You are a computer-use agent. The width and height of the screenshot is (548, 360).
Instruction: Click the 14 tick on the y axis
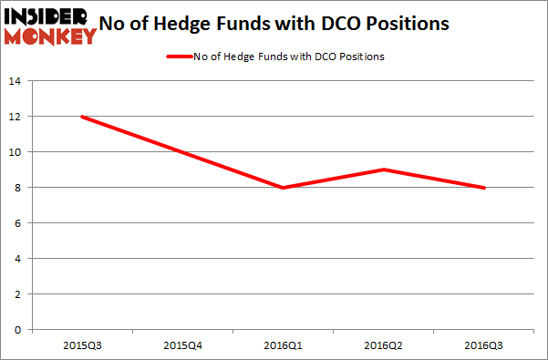[16, 81]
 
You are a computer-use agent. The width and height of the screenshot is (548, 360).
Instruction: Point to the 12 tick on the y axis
[16, 117]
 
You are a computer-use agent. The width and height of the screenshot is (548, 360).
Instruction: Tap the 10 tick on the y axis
[16, 152]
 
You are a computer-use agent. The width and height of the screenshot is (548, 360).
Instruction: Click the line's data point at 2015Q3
[83, 117]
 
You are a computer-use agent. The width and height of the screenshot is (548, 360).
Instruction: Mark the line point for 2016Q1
[284, 188]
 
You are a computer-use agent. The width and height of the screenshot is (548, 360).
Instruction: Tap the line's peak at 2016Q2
[384, 170]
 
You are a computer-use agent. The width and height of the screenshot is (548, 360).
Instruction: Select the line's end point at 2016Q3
[484, 188]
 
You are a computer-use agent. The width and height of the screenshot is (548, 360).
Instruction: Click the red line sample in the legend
[178, 57]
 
